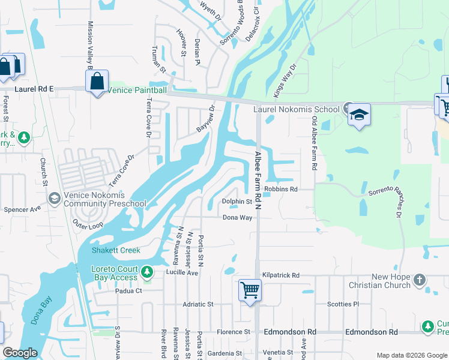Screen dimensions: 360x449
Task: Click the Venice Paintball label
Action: (137, 90)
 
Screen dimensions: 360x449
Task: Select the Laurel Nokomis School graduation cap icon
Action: (359, 115)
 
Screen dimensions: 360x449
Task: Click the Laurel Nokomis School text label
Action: (296, 110)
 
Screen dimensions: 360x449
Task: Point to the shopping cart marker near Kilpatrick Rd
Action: (250, 291)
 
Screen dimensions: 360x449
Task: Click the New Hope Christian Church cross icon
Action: (420, 280)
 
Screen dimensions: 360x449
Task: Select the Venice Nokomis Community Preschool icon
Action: (54, 198)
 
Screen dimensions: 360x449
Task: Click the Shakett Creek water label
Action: (116, 250)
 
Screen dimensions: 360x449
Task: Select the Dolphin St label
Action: (237, 202)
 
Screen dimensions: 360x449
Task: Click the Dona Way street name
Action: (237, 218)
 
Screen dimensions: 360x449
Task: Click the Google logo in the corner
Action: (20, 353)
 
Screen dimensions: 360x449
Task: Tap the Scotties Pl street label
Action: (343, 304)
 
